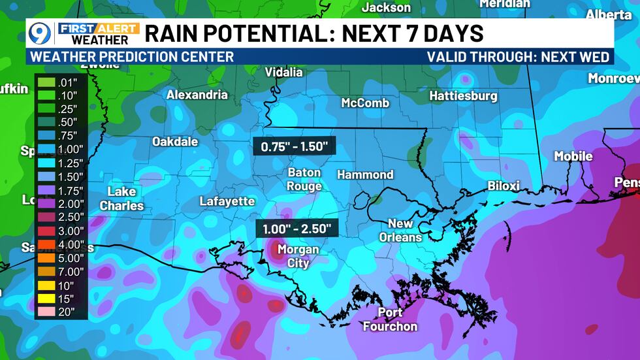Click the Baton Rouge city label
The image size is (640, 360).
[304, 179]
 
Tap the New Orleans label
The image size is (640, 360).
[400, 230]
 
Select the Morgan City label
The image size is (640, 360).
[298, 256]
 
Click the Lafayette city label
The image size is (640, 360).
[227, 201]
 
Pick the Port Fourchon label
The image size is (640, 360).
[390, 319]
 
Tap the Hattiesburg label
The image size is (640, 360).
[463, 96]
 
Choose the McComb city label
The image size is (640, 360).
[365, 103]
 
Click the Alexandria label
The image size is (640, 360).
[197, 95]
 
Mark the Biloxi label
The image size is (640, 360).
[504, 186]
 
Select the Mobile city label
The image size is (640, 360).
[573, 156]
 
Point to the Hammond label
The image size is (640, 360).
[365, 174]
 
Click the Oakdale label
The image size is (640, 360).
[175, 141]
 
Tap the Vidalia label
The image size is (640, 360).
[283, 73]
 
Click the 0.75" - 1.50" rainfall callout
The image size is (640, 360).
[294, 147]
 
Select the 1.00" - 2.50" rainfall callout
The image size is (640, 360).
[297, 229]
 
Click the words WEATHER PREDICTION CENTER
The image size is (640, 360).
[133, 57]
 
